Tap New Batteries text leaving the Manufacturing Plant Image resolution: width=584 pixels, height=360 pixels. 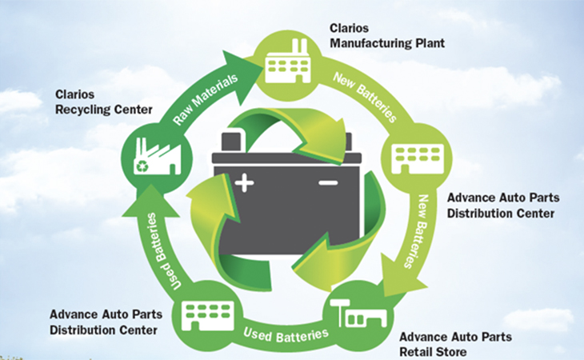coord(366,97)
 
